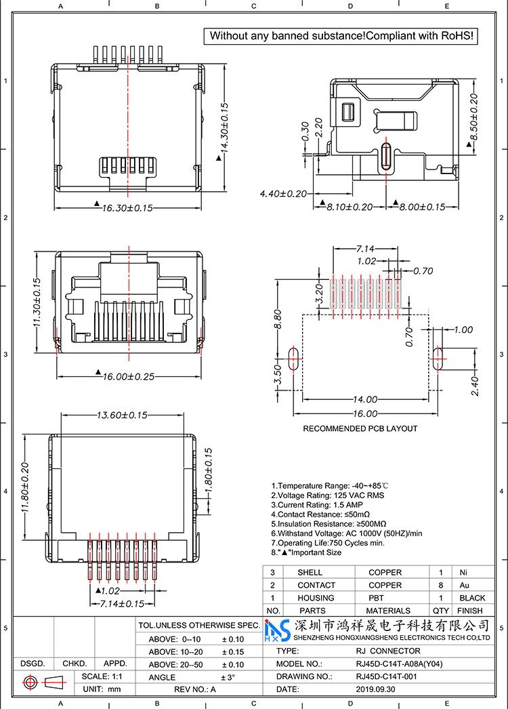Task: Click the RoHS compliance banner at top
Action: coord(342,35)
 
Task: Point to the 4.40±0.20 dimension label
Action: coord(285,194)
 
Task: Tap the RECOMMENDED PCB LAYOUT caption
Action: coord(360,428)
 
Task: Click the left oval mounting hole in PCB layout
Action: coord(293,359)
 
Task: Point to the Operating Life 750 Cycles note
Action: coord(327,543)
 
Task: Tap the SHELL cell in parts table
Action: coord(310,573)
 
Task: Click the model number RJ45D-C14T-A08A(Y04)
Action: coord(399,664)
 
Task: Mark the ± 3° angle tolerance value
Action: coord(228,677)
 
